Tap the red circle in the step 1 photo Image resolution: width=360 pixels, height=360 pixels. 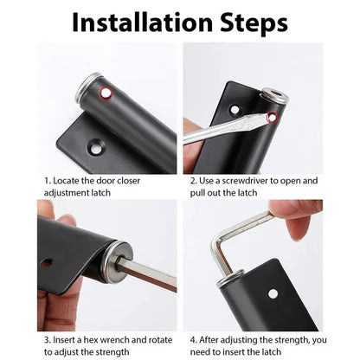pos(106,92)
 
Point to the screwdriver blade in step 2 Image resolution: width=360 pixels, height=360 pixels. pos(227,131)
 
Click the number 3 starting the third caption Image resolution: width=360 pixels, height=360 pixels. pos(46,340)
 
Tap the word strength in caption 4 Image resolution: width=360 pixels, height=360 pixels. pos(278,340)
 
